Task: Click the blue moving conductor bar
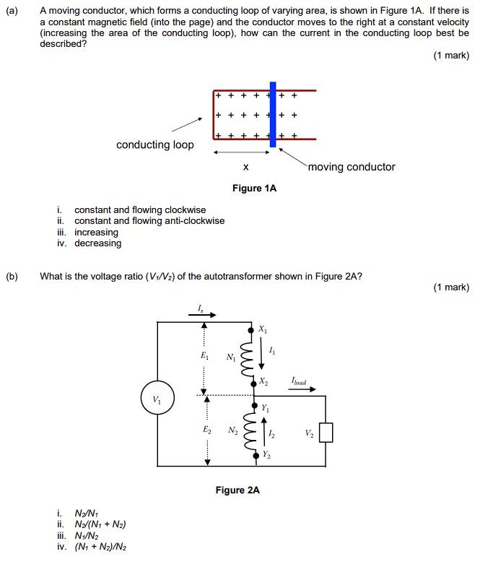(x=272, y=114)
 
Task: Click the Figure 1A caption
(x=254, y=189)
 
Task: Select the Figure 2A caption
(x=237, y=490)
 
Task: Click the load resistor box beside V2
(x=326, y=433)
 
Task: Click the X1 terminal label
(x=263, y=329)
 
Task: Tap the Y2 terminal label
(x=266, y=454)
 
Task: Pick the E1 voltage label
(x=206, y=356)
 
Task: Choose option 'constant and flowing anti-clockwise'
(x=149, y=221)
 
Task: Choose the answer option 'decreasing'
(x=98, y=243)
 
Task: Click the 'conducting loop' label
(x=155, y=145)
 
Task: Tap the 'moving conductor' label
(x=352, y=167)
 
